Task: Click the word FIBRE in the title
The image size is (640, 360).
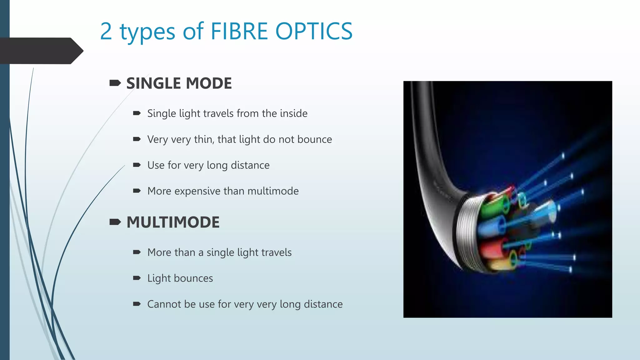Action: pyautogui.click(x=239, y=31)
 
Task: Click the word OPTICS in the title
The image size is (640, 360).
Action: pyautogui.click(x=314, y=31)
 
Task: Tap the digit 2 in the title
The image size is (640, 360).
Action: pyautogui.click(x=106, y=31)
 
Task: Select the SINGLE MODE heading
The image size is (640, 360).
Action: pyautogui.click(x=179, y=83)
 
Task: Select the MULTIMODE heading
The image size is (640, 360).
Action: pyautogui.click(x=173, y=222)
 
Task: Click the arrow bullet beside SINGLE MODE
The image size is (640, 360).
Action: pyautogui.click(x=115, y=83)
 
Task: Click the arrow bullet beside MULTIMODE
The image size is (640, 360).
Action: pyautogui.click(x=115, y=222)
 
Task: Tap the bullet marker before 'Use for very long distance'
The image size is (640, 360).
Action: pyautogui.click(x=137, y=165)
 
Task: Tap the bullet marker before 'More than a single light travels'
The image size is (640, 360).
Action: pyautogui.click(x=137, y=252)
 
